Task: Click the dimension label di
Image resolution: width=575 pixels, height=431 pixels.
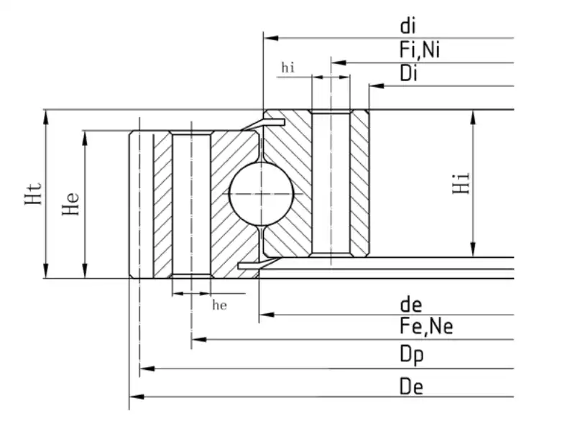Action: [408, 27]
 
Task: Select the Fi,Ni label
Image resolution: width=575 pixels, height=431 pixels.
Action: [420, 50]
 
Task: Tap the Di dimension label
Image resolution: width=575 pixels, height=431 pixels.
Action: [409, 73]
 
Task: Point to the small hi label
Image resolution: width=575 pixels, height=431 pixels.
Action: [288, 68]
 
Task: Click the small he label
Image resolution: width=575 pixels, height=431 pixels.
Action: [220, 305]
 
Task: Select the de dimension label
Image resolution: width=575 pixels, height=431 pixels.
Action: [411, 305]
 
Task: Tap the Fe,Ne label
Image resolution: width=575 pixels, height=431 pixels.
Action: [426, 328]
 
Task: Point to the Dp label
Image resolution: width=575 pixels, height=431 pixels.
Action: [412, 355]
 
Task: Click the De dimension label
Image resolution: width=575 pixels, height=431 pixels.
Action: [412, 386]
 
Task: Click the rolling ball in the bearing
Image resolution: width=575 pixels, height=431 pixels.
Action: [261, 193]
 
